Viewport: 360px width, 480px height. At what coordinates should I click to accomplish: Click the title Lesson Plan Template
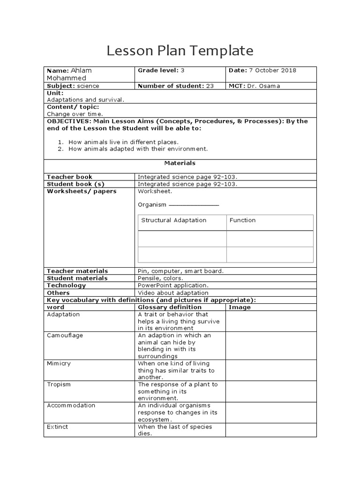point(180,51)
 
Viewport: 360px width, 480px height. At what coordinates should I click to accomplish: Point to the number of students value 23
point(210,86)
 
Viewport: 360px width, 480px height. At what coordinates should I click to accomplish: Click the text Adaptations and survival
point(86,100)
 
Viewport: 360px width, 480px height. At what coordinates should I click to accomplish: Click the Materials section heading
point(180,163)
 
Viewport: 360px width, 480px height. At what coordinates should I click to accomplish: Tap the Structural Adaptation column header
point(174,220)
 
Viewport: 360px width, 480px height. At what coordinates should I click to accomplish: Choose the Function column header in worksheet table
point(243,220)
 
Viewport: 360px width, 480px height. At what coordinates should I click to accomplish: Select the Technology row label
point(67,285)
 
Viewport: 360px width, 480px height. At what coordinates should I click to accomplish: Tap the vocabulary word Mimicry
point(59,364)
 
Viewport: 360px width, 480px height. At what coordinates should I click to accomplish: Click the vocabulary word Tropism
point(59,385)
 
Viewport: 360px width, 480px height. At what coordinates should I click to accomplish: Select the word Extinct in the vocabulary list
point(58,427)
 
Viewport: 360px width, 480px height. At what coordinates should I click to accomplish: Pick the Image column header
point(240,307)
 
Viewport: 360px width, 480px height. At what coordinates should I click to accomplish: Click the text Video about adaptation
point(173,293)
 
